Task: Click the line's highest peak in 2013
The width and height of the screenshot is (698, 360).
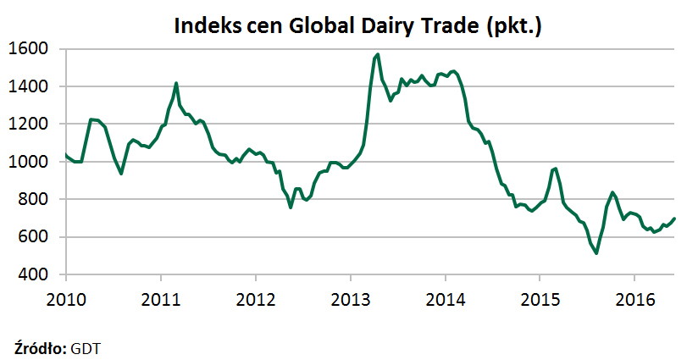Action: [377, 54]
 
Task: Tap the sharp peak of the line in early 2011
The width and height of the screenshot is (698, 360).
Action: [176, 83]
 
